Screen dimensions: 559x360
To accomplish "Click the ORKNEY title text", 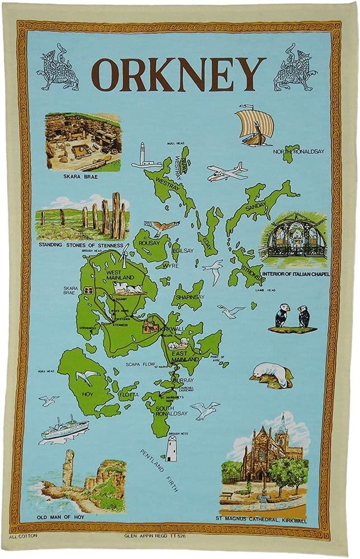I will coord(178,74).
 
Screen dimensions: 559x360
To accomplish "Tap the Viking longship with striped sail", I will coord(254,126).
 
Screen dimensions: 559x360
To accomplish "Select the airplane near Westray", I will coord(226,172).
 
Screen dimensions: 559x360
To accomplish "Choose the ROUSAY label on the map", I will coord(149,243).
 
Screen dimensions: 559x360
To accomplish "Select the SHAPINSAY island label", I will coord(188,297).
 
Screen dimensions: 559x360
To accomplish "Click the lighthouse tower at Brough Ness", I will coord(171,448).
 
